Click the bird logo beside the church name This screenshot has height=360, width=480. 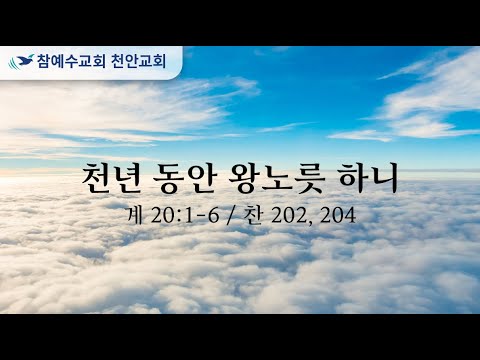pyautogui.click(x=21, y=61)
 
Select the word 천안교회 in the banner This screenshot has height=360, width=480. pyautogui.click(x=138, y=62)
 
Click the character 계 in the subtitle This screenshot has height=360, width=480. pyautogui.click(x=135, y=215)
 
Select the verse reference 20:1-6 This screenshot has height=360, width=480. pyautogui.click(x=185, y=216)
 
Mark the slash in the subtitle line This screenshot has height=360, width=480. pyautogui.click(x=230, y=216)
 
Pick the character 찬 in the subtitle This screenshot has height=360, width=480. pyautogui.click(x=252, y=215)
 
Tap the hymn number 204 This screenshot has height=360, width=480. pyautogui.click(x=337, y=216)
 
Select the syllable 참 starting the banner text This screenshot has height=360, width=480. pyautogui.click(x=44, y=62)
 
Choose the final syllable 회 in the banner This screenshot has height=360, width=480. pyautogui.click(x=159, y=62)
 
